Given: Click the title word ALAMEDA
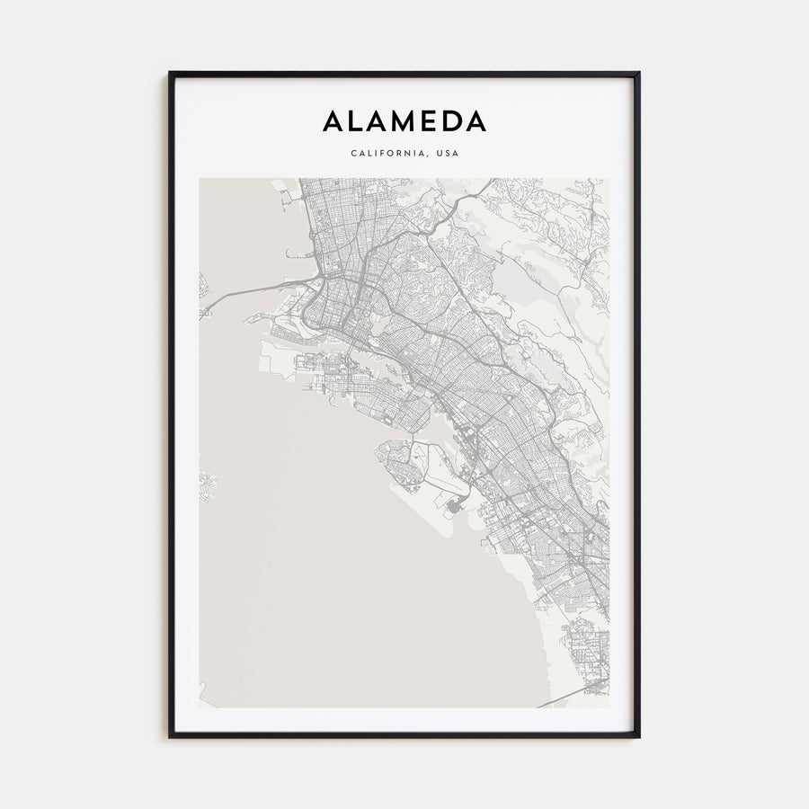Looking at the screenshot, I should click(x=404, y=121).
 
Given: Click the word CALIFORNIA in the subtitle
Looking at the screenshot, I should click(x=387, y=153).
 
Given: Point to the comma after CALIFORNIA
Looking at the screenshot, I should click(x=428, y=156).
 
